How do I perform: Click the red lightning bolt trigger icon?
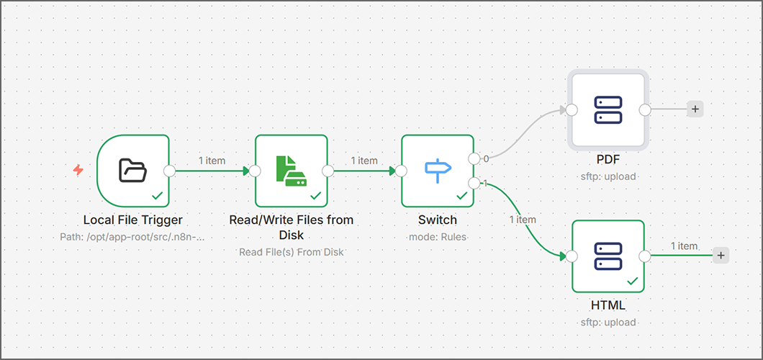click(x=78, y=170)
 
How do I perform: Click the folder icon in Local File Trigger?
click(x=132, y=170)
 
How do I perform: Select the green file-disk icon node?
click(x=291, y=170)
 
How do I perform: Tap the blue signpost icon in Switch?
click(x=438, y=170)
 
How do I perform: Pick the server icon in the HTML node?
click(x=608, y=256)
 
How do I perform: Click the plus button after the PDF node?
click(x=695, y=109)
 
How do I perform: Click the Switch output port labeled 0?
click(x=474, y=158)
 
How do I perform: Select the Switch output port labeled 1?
click(x=474, y=183)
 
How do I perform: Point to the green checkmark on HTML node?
click(x=633, y=282)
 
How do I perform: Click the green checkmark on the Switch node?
click(x=461, y=195)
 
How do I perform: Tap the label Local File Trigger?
click(x=133, y=220)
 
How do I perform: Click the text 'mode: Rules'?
click(x=438, y=236)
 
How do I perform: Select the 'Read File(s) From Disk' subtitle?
click(x=292, y=252)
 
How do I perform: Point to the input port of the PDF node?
click(x=571, y=109)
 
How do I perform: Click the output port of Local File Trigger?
click(x=170, y=171)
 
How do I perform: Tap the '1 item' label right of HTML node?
click(x=684, y=246)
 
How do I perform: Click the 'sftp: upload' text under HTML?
click(x=608, y=323)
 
